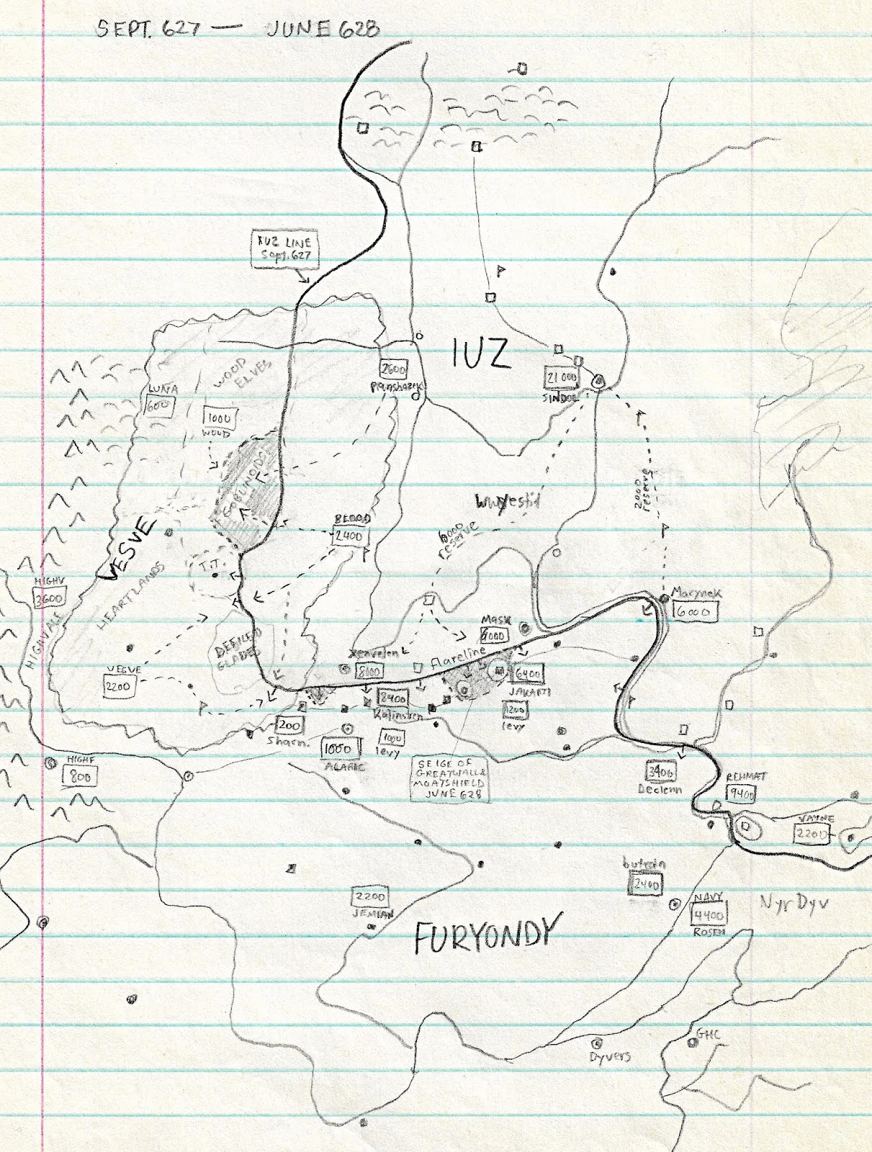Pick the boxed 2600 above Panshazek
[x=393, y=369]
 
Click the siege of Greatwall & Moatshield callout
[x=450, y=778]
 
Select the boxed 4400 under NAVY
[x=708, y=914]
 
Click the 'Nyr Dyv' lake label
[x=794, y=902]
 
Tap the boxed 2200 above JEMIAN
[x=369, y=897]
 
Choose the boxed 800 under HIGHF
[x=79, y=776]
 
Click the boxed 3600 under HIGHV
[x=50, y=598]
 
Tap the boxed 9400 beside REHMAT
[x=742, y=794]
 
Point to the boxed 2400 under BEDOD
[x=349, y=536]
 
